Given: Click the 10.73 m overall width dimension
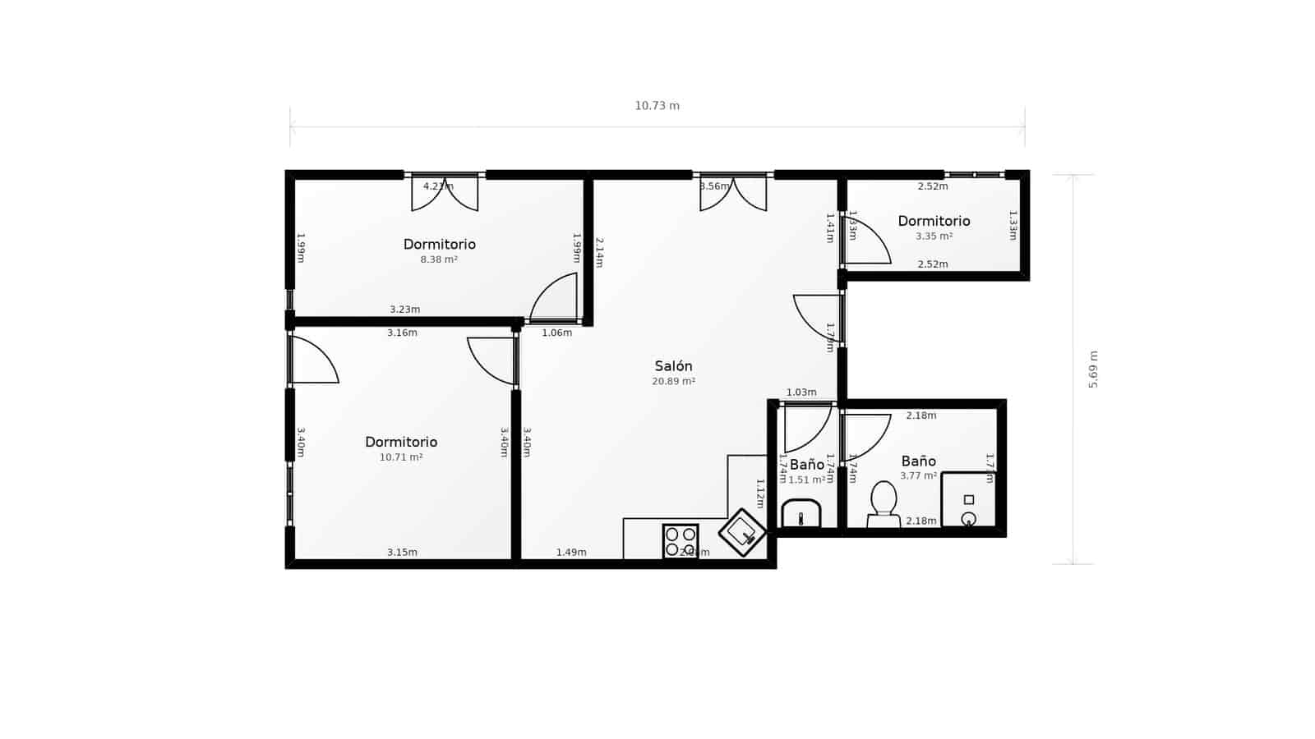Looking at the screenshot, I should [657, 106].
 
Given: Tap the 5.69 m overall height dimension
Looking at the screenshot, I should [1093, 369].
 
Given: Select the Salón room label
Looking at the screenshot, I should [673, 366].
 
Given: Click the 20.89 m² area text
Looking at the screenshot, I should [673, 382].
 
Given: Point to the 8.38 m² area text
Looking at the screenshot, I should [439, 259].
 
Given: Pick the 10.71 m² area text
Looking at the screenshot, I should [401, 457].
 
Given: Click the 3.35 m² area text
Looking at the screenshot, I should [934, 236].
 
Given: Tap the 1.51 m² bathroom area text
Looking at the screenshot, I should [807, 480].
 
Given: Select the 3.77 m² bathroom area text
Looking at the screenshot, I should [918, 475].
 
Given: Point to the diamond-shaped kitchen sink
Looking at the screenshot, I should [742, 532].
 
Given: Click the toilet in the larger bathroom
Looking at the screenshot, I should [884, 503].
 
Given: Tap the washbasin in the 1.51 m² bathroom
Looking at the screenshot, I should [801, 514].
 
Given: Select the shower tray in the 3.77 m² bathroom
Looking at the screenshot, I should [968, 500].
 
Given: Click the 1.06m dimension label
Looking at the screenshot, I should [556, 333].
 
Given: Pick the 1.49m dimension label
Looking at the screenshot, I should [571, 553].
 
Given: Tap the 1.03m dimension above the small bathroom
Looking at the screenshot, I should [801, 392].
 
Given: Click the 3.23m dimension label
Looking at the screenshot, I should [404, 310].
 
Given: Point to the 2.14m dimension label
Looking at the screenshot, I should [599, 253].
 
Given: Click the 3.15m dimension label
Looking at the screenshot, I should [402, 553].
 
